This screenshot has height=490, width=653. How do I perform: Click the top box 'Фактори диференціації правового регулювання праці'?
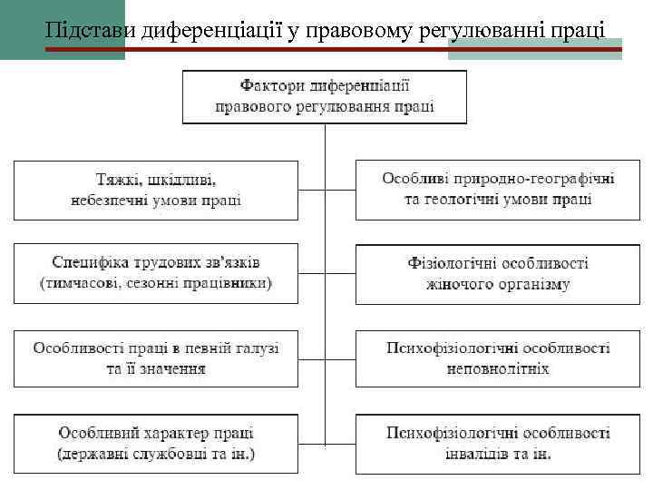click(x=325, y=96)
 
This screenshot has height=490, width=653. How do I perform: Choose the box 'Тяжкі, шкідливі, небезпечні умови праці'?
click(x=155, y=190)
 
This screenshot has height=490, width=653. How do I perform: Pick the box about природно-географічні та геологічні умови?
click(x=498, y=190)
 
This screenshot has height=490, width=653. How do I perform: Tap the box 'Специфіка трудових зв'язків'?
click(x=155, y=273)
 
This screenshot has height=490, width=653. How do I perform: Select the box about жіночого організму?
click(x=498, y=273)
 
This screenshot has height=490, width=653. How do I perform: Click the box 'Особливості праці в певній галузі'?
click(x=155, y=358)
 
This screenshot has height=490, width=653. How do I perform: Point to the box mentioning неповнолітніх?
click(x=498, y=358)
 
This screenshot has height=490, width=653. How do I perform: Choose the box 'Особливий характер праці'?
click(x=155, y=443)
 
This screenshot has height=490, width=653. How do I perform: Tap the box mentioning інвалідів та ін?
click(x=498, y=443)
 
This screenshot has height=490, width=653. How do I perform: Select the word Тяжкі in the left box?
click(x=118, y=180)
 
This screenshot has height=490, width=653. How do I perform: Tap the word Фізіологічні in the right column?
click(x=450, y=263)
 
